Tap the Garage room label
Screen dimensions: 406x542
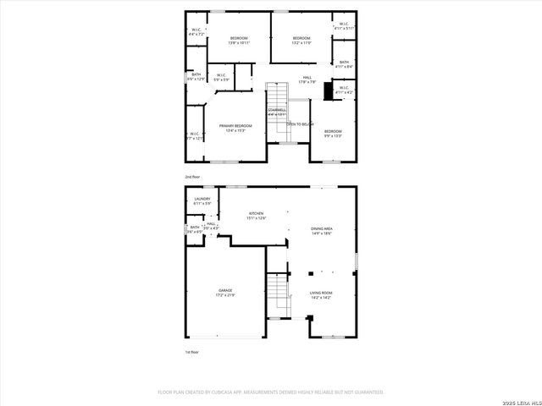click(x=224, y=293)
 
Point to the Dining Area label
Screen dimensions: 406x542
click(x=321, y=229)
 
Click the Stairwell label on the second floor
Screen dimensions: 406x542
click(x=277, y=111)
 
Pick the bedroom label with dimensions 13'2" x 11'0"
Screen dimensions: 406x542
click(x=302, y=40)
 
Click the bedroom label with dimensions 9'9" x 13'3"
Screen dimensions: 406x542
click(x=333, y=133)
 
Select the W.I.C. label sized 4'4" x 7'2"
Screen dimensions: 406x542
click(x=196, y=32)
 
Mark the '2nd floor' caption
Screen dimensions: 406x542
click(x=193, y=177)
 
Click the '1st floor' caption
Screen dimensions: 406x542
click(x=193, y=352)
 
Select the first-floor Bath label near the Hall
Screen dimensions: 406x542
click(x=195, y=228)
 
